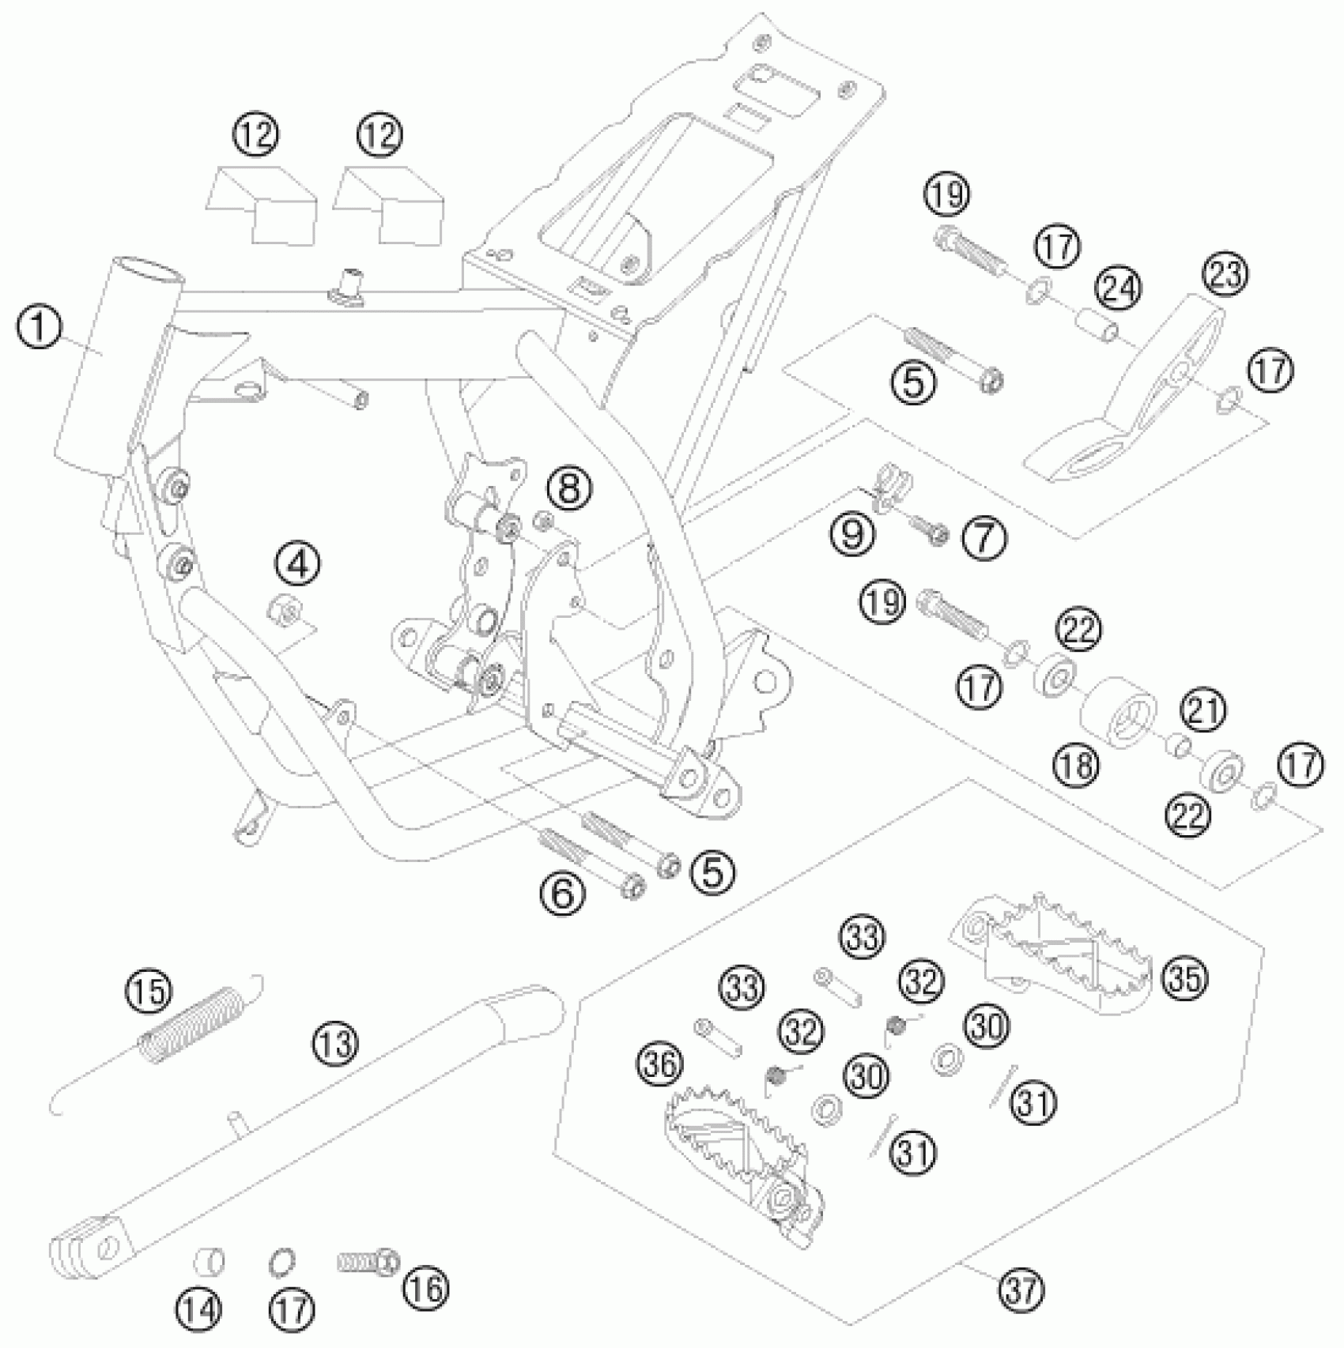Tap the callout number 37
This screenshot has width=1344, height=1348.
pos(1021,1290)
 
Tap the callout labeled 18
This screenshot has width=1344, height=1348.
pos(1076,764)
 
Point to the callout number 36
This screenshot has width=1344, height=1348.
pos(661,1065)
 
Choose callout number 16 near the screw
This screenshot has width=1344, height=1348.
pos(425,1287)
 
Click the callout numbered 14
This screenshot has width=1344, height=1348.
pos(198,1311)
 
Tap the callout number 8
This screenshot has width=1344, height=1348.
pos(569,488)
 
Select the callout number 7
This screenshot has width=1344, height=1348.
pos(984,539)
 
